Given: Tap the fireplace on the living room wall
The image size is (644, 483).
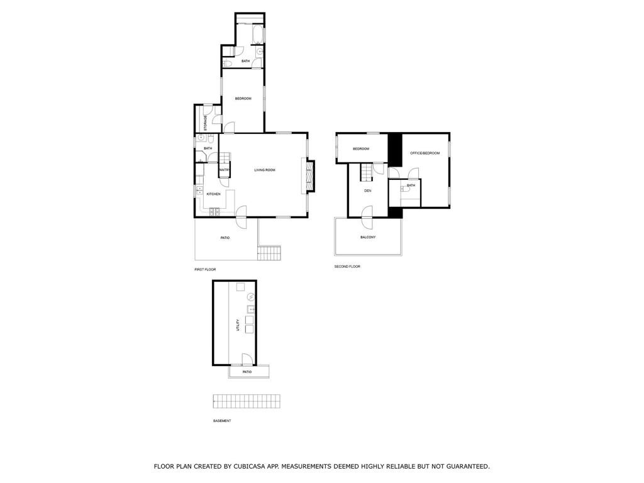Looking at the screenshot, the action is click(x=308, y=176).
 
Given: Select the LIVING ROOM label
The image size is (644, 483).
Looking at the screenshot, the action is click(x=265, y=170).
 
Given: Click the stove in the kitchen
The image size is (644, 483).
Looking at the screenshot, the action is click(x=214, y=212).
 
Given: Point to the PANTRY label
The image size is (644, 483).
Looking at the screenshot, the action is click(x=225, y=170).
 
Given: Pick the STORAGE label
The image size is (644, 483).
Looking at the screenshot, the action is click(x=206, y=123).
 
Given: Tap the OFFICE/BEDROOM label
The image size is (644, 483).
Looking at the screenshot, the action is click(x=425, y=153).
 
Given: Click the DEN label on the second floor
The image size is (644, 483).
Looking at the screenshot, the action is click(x=367, y=191).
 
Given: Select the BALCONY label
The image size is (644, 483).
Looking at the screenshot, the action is click(x=368, y=237).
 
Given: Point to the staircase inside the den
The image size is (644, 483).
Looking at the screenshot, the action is click(x=367, y=172).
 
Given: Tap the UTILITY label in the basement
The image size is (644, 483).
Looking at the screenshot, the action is click(x=237, y=326).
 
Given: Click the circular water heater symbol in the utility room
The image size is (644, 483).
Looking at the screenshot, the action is click(x=250, y=297).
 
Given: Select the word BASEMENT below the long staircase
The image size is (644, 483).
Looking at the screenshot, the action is click(x=222, y=421).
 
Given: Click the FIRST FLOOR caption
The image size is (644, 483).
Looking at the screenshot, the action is click(x=205, y=269).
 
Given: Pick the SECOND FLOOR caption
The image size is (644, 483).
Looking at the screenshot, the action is click(x=347, y=267).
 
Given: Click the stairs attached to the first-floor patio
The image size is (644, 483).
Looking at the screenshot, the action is click(x=269, y=253).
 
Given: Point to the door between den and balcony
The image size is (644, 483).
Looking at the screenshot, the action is click(x=367, y=217).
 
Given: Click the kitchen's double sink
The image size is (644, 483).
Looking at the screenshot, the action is click(x=199, y=190).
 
